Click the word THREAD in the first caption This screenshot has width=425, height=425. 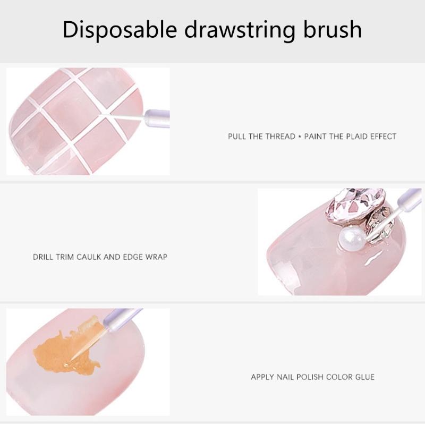[279, 137]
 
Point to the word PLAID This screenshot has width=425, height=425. [353, 137]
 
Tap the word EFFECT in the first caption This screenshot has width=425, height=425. [382, 137]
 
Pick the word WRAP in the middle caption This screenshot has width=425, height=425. [157, 257]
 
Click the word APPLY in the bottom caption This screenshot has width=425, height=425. [262, 377]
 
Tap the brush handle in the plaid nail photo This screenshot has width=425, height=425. [158, 114]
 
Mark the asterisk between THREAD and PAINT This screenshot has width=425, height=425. [300, 137]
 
